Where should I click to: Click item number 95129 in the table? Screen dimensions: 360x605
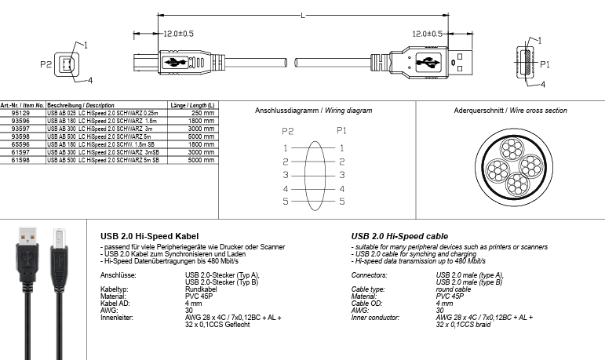(x=20, y=113)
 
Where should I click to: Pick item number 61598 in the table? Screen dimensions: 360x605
(x=20, y=159)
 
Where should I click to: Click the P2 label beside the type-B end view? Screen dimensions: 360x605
(x=46, y=64)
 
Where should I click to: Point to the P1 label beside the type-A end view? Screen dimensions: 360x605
(x=545, y=64)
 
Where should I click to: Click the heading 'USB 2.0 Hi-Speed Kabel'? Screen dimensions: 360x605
(x=150, y=235)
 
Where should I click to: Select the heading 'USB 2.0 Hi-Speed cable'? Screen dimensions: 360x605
(x=399, y=235)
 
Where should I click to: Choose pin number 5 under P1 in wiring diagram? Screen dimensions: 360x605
(x=341, y=202)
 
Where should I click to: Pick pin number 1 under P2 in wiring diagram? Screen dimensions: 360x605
(x=286, y=147)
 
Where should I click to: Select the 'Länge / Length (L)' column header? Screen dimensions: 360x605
(x=193, y=105)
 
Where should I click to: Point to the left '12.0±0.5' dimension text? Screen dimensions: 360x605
(x=178, y=34)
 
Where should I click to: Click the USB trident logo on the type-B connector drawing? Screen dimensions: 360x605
(x=174, y=62)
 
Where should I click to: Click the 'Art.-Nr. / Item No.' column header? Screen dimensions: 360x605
(x=22, y=105)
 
